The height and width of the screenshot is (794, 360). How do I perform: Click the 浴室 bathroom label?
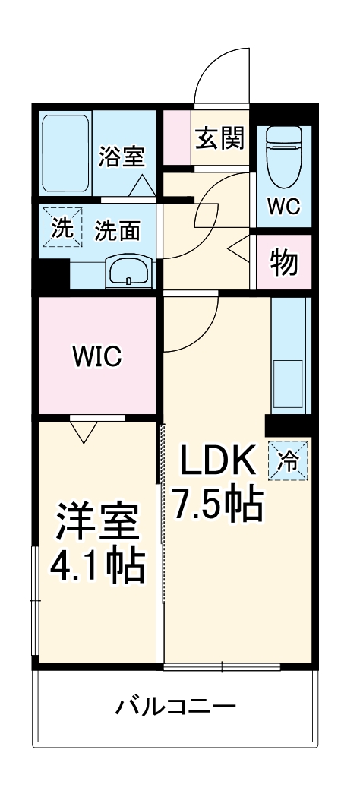[x=121, y=158]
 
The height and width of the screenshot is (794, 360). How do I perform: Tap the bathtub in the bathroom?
[x=65, y=153]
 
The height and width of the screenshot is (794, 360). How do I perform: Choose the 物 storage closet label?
[x=284, y=263]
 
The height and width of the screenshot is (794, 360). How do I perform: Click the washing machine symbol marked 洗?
[x=58, y=227]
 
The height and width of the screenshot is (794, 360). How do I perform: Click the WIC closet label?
[x=96, y=356]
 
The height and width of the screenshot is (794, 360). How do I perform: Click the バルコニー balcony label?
[x=175, y=707]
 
